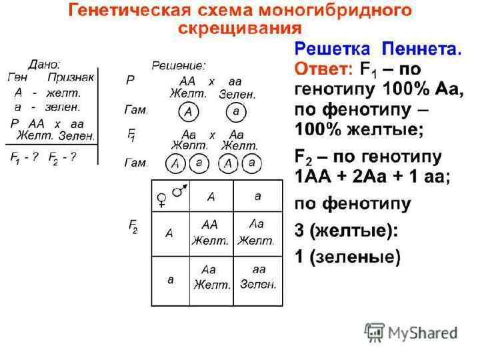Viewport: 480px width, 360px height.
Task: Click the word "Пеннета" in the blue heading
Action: click(421, 49)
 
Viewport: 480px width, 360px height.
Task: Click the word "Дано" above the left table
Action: click(43, 65)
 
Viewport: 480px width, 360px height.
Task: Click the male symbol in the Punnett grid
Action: click(179, 191)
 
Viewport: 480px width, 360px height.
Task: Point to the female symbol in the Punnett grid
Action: click(161, 199)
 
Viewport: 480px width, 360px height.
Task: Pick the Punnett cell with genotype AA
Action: click(210, 231)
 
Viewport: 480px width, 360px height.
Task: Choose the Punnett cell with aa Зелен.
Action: click(258, 276)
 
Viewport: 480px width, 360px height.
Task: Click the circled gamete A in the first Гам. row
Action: click(188, 112)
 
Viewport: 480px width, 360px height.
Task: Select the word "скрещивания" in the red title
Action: click(239, 29)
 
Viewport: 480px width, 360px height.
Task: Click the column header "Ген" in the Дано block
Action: click(17, 77)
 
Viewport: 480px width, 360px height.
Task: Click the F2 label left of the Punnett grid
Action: click(133, 226)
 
